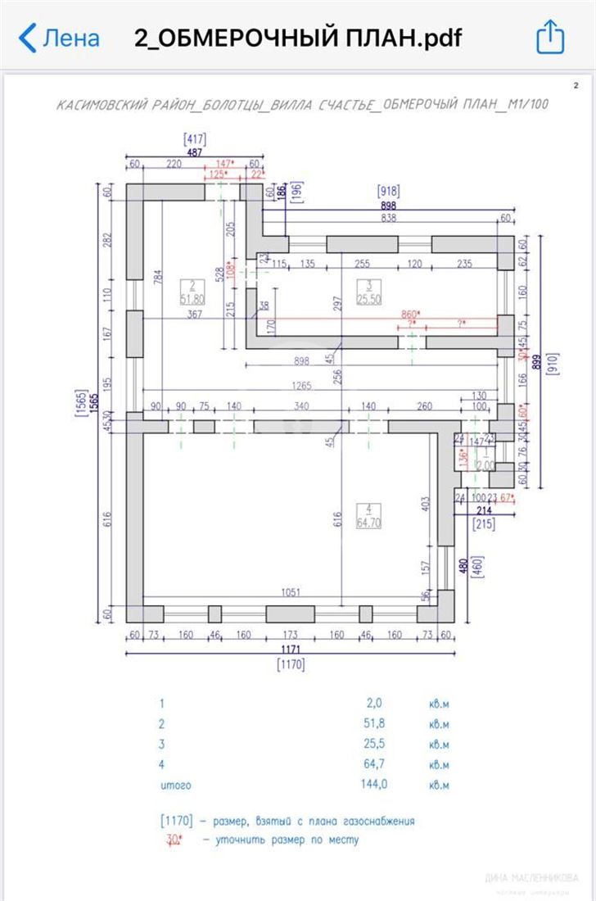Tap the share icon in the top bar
[550, 37]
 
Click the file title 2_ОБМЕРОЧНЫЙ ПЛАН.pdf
[298, 38]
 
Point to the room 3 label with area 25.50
[369, 293]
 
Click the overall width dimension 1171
[291, 648]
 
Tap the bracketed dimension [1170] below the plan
[291, 664]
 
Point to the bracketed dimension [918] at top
[387, 191]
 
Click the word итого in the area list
[175, 785]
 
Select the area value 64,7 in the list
[373, 764]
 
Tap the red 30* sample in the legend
[174, 839]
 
